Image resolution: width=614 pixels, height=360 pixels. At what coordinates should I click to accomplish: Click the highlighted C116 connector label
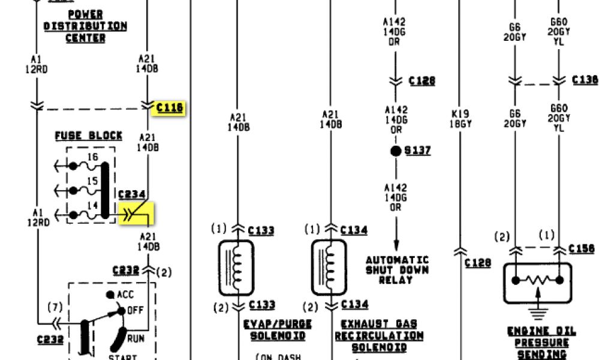click(x=170, y=108)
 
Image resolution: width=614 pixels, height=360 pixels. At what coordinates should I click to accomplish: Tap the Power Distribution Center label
click(x=85, y=26)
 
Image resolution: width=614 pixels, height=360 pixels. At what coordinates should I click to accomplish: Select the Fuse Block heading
click(x=89, y=136)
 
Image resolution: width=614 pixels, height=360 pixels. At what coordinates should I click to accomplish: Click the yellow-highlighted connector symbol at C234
click(x=137, y=212)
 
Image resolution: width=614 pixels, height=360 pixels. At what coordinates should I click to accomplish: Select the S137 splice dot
click(x=396, y=151)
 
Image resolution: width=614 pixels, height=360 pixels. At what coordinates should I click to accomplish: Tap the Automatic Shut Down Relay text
click(x=398, y=269)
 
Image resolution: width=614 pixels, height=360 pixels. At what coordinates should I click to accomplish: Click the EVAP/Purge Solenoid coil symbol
click(x=237, y=268)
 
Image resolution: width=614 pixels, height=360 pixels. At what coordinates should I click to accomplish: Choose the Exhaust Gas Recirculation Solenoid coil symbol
click(x=329, y=268)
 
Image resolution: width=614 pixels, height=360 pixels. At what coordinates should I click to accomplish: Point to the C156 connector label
click(x=582, y=249)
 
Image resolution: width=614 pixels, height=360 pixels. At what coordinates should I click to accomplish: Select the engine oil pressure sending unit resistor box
click(x=538, y=281)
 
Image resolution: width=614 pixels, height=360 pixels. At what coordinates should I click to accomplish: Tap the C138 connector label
click(x=585, y=80)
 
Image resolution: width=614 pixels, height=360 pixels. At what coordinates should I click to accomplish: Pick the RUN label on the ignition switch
click(x=136, y=338)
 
